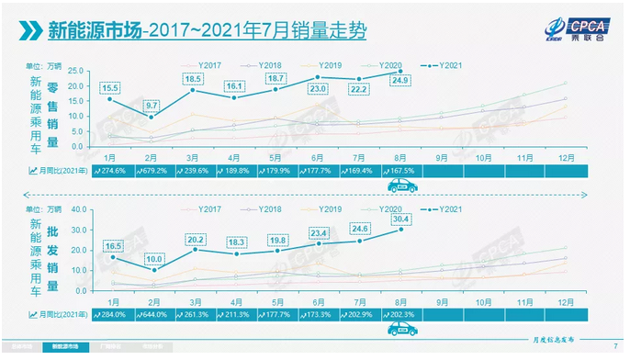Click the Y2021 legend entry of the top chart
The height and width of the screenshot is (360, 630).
[x=444, y=64]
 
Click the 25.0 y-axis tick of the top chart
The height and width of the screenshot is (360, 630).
[x=76, y=72]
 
